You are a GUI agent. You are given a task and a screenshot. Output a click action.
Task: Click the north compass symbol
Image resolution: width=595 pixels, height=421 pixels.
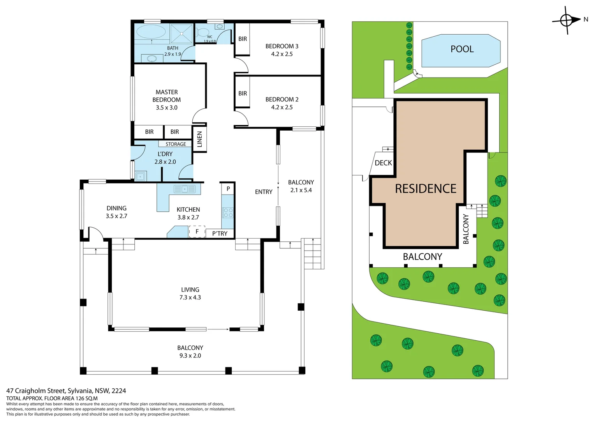coord(566,20)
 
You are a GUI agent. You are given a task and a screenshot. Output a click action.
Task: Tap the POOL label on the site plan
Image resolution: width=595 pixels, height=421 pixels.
coord(462,49)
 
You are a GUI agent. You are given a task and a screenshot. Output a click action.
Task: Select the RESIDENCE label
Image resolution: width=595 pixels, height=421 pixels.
coord(425,189)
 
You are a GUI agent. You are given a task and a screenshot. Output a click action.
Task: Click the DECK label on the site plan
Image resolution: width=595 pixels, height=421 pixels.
coord(383,163)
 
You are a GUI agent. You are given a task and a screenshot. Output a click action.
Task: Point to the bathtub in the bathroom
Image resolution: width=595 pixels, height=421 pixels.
coord(151,32)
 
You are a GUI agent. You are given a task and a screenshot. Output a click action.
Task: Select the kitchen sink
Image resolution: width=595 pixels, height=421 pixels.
coord(185,189)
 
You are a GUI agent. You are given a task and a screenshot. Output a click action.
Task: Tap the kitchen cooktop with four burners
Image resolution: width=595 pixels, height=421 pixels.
coord(228,213)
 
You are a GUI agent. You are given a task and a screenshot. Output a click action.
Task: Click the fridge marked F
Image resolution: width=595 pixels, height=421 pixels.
coord(197,232)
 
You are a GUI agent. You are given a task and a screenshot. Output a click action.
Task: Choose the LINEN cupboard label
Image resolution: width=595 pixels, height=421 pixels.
coord(200,139)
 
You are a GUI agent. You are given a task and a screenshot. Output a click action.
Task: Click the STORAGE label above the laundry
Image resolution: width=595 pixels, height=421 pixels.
coord(176,144)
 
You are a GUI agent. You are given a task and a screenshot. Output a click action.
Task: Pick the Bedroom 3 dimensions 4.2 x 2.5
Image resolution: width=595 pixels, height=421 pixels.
coord(282,54)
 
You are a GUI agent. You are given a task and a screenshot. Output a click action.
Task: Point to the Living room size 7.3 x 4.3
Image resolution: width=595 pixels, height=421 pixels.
coord(190,297)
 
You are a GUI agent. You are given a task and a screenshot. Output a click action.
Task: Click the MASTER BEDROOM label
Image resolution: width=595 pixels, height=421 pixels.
coord(167,96)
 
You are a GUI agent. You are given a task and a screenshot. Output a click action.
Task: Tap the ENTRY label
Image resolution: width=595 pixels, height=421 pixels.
coord(264,192)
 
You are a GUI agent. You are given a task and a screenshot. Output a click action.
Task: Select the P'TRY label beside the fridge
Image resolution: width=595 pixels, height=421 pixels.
coord(220,233)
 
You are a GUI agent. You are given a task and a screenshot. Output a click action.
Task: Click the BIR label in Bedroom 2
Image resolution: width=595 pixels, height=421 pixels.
coord(243,94)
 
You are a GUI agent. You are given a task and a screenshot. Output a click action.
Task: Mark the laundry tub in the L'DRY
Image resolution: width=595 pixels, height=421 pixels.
coord(140,176)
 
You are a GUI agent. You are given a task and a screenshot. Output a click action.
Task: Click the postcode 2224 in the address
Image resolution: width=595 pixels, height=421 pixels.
coord(119,391)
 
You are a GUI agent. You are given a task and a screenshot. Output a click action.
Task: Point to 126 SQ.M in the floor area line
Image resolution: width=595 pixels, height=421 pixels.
coord(86,398)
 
